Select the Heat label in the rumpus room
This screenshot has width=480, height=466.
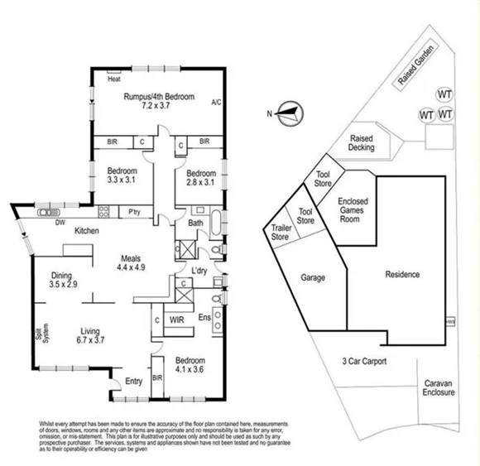[115, 80]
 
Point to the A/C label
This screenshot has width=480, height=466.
[216, 103]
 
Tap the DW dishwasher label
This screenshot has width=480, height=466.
[60, 222]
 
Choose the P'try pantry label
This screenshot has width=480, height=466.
[133, 212]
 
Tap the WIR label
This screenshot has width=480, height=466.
[178, 318]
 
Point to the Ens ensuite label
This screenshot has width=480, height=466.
[204, 317]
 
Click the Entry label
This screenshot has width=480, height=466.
[133, 381]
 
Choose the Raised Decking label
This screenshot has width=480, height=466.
[362, 143]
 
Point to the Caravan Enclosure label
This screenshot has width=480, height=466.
[439, 388]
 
